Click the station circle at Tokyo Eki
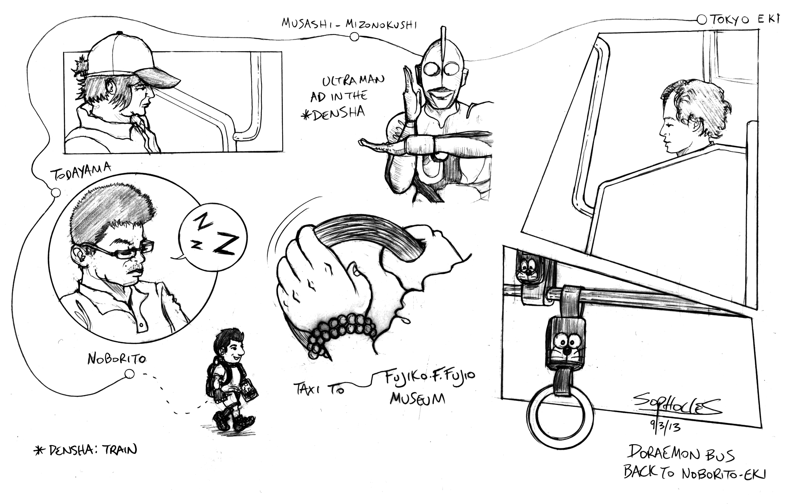(702, 20)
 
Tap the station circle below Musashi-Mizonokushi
(354, 37)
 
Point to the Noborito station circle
(129, 374)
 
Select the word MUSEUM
(417, 399)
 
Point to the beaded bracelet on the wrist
(342, 335)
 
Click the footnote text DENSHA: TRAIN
(85, 450)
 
